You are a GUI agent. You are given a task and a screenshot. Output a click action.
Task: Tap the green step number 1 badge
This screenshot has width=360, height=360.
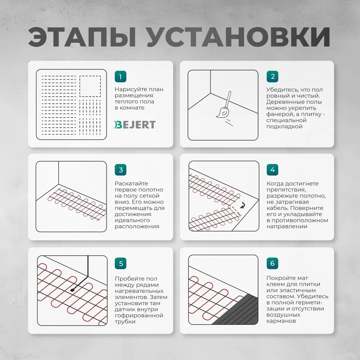[x=121, y=76]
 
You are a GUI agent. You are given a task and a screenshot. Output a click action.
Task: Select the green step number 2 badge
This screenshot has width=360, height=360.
[x=273, y=76]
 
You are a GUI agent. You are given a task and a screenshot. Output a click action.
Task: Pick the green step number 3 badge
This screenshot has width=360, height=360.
[x=121, y=170]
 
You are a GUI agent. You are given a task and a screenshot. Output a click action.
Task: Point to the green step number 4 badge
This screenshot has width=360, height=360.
[x=273, y=170]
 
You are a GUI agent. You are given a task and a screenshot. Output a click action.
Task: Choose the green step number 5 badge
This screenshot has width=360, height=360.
[x=121, y=263]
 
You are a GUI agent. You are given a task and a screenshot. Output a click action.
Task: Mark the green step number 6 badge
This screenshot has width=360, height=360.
[x=273, y=263]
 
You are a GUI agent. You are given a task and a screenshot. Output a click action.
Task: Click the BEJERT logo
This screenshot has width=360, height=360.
[x=135, y=125]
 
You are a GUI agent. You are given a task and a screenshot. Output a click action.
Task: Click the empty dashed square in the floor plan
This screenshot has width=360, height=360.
[x=90, y=86]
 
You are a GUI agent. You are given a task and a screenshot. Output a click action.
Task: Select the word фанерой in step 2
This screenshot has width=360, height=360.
[x=279, y=114]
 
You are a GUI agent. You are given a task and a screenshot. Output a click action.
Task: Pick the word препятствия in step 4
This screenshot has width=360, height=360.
[x=287, y=190]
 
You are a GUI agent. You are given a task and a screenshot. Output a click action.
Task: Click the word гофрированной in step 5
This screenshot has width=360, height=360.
[x=139, y=315]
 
